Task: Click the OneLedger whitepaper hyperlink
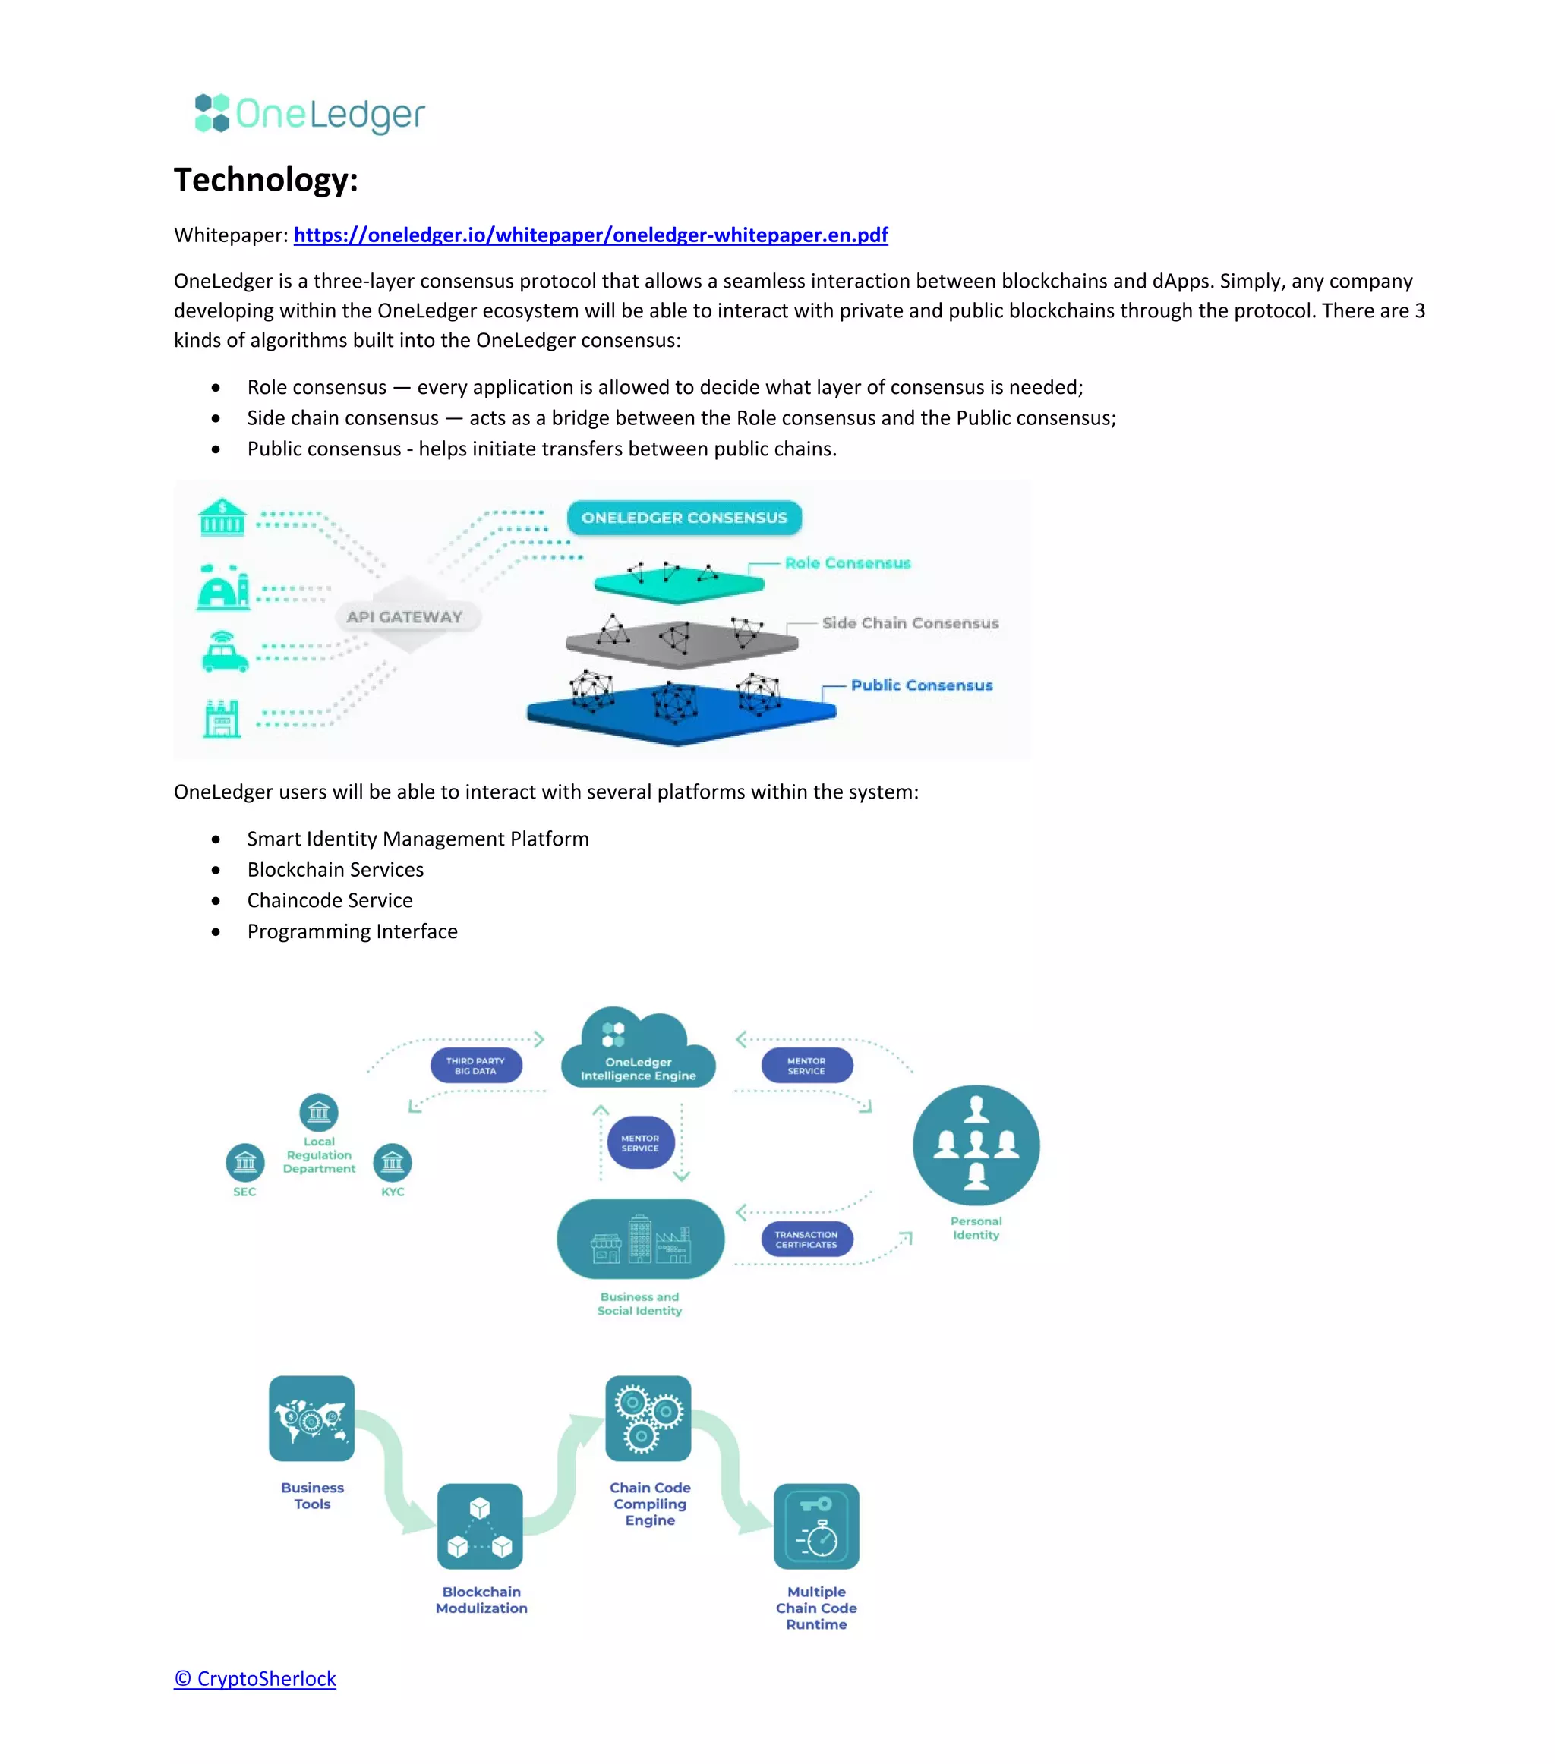(591, 235)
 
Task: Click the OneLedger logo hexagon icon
(212, 113)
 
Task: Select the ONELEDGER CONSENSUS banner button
(684, 518)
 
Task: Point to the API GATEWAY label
(404, 617)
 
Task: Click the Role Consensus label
(847, 562)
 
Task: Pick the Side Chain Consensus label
(910, 623)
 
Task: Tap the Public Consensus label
(921, 685)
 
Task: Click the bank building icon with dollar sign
(222, 518)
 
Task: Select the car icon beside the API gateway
(225, 651)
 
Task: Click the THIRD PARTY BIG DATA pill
(476, 1066)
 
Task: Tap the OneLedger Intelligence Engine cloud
(638, 1048)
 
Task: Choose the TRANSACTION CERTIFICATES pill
(806, 1240)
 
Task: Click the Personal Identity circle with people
(976, 1145)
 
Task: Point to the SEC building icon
(245, 1163)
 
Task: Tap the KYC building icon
(392, 1163)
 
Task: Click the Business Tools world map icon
(312, 1418)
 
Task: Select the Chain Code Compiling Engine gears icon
(648, 1418)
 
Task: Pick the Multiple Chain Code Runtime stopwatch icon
(816, 1526)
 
